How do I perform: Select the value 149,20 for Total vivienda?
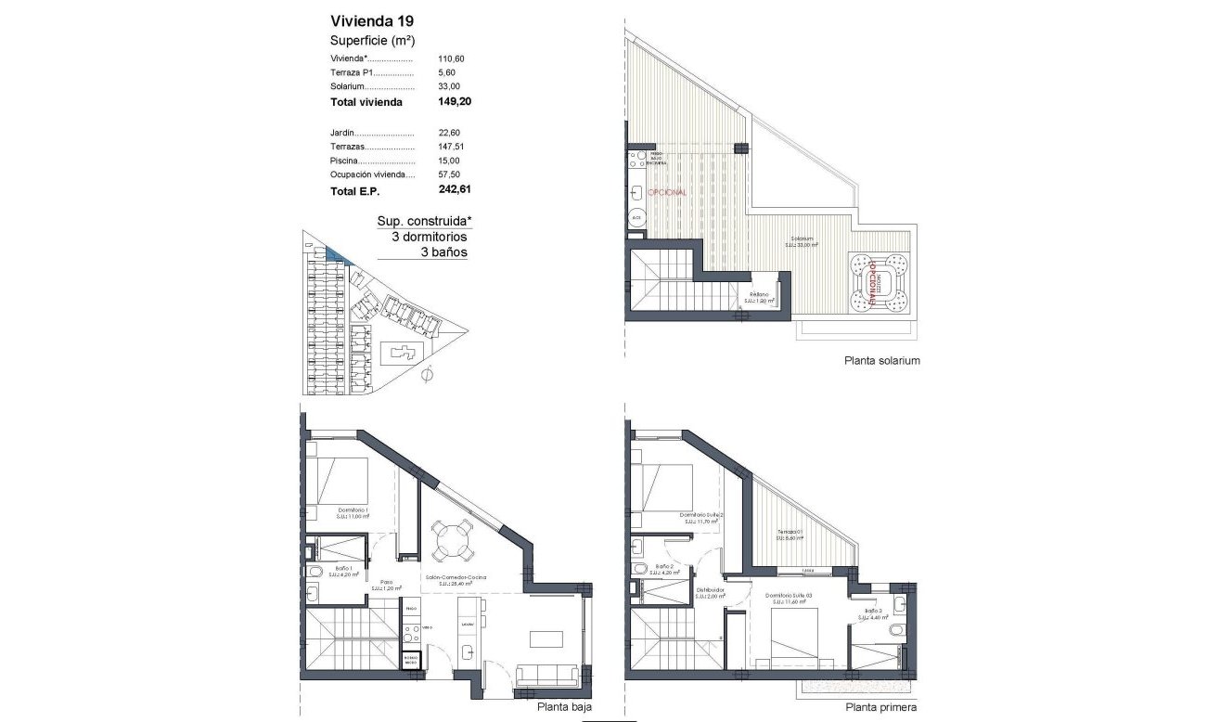tap(456, 102)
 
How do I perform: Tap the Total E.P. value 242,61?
tap(456, 190)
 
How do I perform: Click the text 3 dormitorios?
tap(429, 237)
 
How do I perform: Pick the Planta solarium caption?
tap(881, 361)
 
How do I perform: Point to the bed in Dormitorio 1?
tap(339, 483)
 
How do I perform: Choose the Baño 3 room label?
tap(873, 612)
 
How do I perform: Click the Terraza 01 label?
tap(790, 533)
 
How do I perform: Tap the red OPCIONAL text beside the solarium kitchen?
tap(667, 192)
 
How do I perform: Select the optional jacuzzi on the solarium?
tap(876, 283)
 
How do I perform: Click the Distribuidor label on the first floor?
tap(710, 589)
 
